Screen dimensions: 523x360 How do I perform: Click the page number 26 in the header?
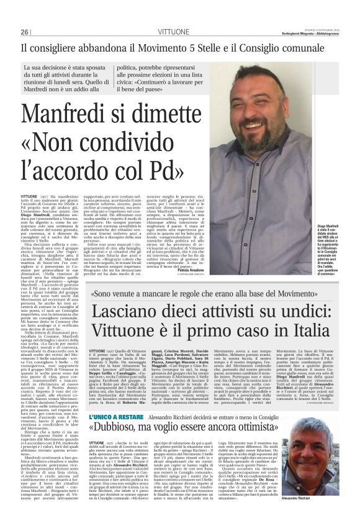pos(25,32)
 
